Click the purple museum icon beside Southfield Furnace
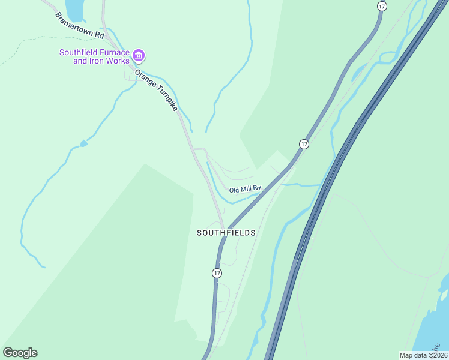click(x=139, y=56)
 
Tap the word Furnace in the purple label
click(x=114, y=52)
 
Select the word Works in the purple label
click(x=117, y=61)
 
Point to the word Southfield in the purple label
click(x=79, y=52)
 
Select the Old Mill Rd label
click(x=245, y=189)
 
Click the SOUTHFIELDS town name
click(x=226, y=233)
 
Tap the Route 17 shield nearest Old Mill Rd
click(x=304, y=144)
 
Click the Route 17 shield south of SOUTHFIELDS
click(x=217, y=273)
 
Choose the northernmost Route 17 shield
click(x=382, y=6)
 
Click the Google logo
click(x=20, y=353)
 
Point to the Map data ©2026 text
click(x=423, y=355)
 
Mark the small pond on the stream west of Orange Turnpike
click(x=84, y=143)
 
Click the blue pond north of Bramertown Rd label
click(x=74, y=8)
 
